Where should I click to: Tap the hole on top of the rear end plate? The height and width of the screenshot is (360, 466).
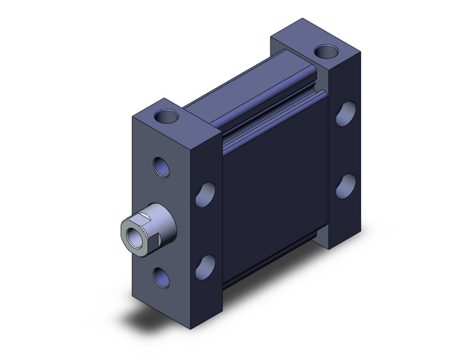(x=320, y=51)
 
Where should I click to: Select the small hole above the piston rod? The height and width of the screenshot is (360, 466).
(x=161, y=166)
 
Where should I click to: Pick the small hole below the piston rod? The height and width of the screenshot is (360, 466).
(x=161, y=274)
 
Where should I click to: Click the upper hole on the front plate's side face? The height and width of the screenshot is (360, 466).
(x=205, y=194)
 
